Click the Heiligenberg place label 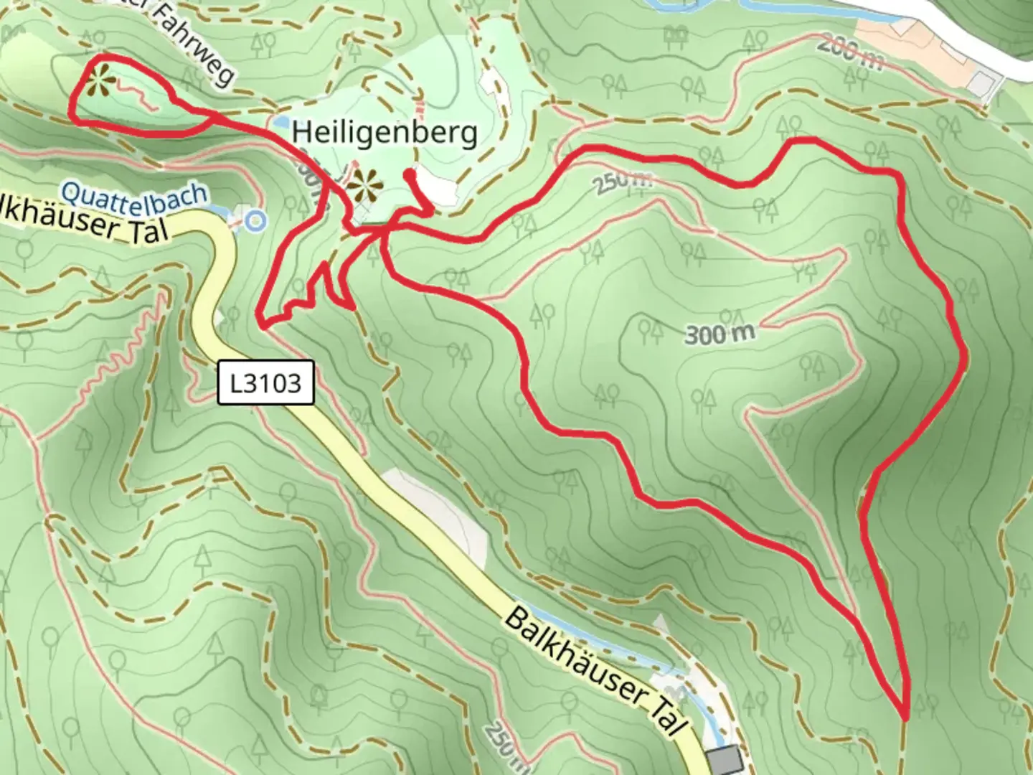(385, 133)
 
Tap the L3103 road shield (266, 383)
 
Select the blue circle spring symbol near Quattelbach (253, 220)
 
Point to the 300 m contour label (720, 334)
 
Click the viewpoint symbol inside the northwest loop (100, 80)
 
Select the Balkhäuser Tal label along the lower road (593, 671)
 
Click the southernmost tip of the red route (906, 717)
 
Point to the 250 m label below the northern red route (623, 181)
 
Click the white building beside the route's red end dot (436, 189)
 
